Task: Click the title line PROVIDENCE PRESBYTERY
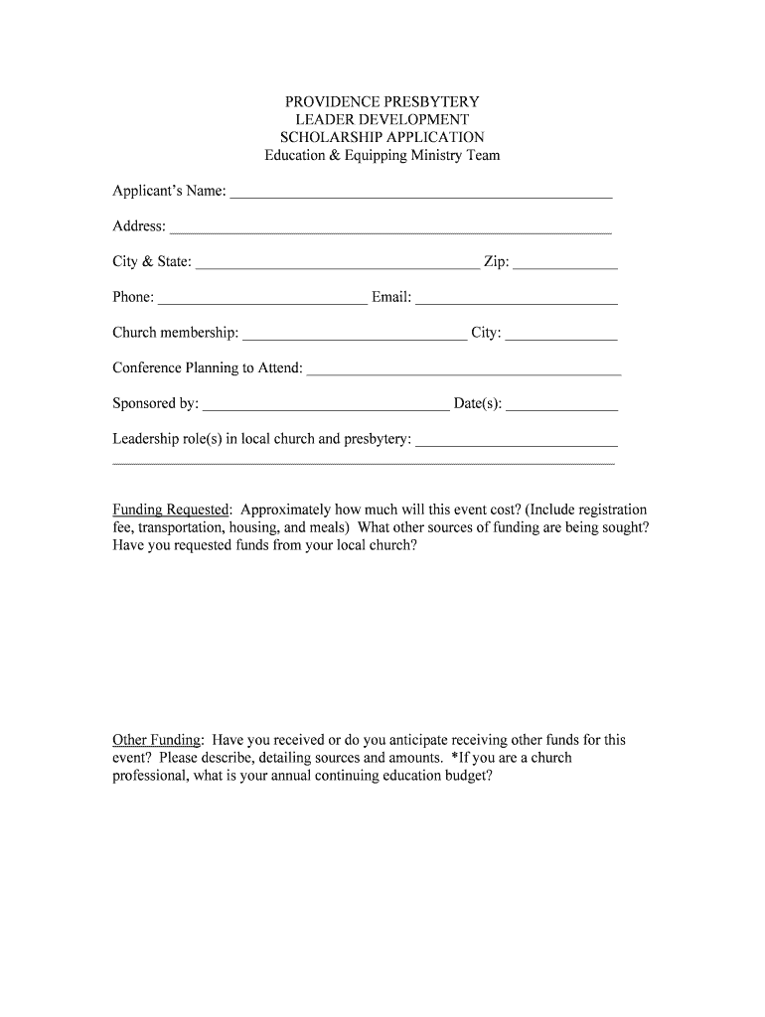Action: click(x=382, y=101)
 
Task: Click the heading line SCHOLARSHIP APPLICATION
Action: click(x=382, y=137)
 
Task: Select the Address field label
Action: click(x=138, y=226)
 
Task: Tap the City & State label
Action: click(x=151, y=262)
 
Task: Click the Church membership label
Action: click(x=175, y=333)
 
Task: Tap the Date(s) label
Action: click(x=477, y=404)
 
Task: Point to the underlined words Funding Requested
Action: click(x=171, y=509)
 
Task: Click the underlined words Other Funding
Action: click(x=157, y=740)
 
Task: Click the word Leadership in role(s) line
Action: click(x=146, y=439)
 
